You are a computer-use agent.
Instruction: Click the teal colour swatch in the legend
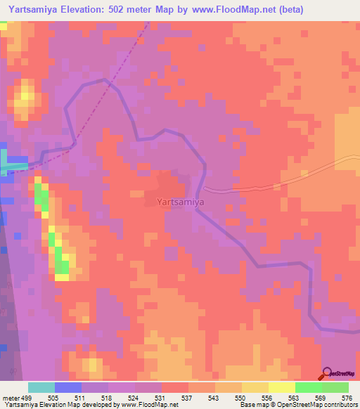(x=41, y=387)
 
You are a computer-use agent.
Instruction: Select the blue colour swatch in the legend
(x=68, y=387)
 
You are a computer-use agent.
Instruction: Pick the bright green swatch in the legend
(x=309, y=387)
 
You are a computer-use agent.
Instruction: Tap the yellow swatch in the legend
(x=282, y=387)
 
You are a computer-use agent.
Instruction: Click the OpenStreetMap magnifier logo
(x=327, y=374)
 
